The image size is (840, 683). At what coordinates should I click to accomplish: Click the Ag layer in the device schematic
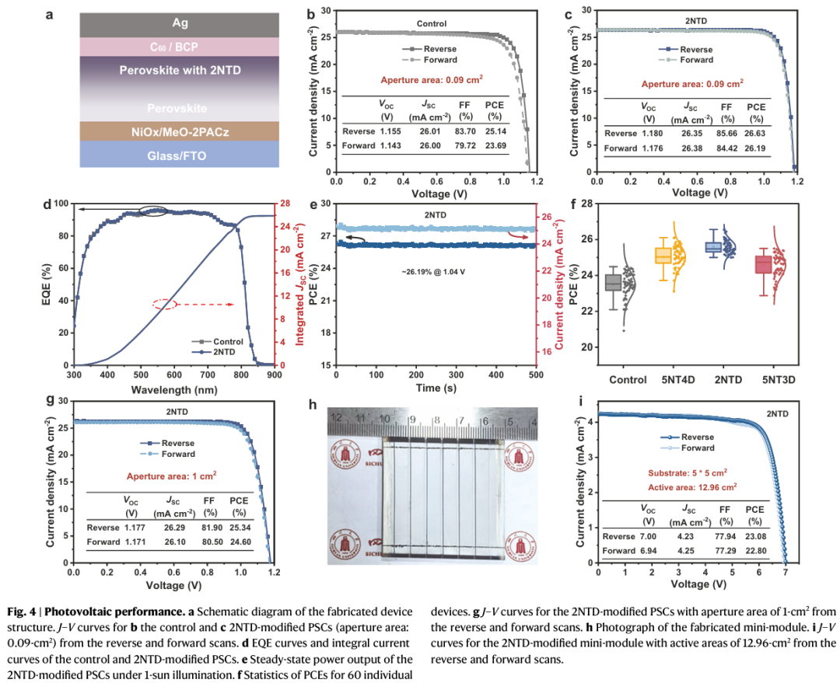pyautogui.click(x=179, y=24)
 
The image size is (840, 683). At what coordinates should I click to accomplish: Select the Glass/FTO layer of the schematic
pyautogui.click(x=179, y=155)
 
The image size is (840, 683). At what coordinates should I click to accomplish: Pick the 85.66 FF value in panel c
pyautogui.click(x=727, y=133)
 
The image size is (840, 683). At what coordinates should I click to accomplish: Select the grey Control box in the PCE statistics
pyautogui.click(x=613, y=282)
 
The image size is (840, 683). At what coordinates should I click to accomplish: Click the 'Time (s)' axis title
pyautogui.click(x=436, y=388)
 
